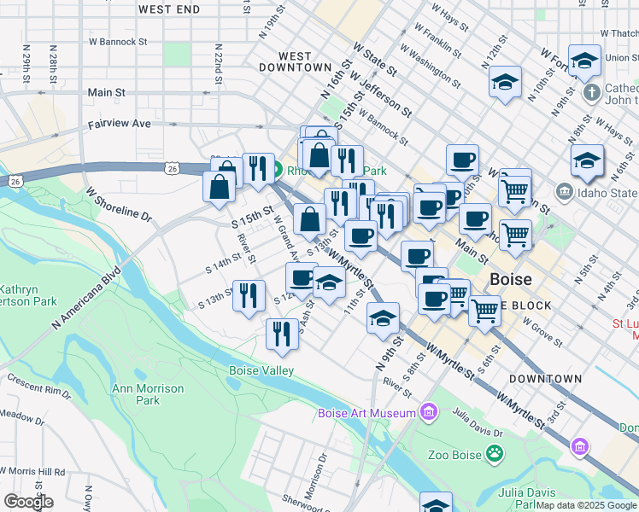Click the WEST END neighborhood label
coord(168,9)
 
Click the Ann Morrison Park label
coord(136,394)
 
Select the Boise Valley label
coord(261,370)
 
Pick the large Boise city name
coord(511,280)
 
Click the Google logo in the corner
coord(27,502)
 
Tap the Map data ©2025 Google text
coord(586,505)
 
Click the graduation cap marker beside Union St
coord(584,61)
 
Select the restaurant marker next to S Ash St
coord(282,333)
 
